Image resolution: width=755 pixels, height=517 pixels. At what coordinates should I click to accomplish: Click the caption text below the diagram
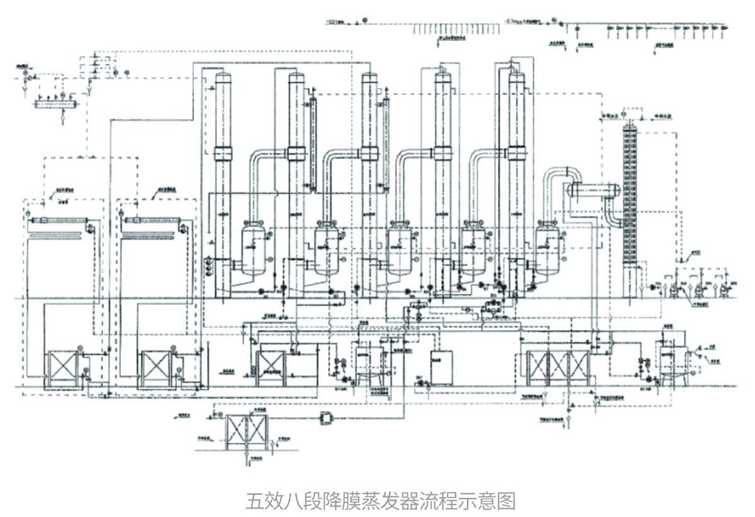click(381, 501)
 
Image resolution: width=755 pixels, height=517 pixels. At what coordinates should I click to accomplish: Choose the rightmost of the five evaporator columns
click(516, 170)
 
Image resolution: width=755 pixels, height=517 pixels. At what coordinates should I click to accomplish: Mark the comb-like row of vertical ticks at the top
click(456, 28)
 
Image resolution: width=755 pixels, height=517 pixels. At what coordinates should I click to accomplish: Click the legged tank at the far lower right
click(668, 364)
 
